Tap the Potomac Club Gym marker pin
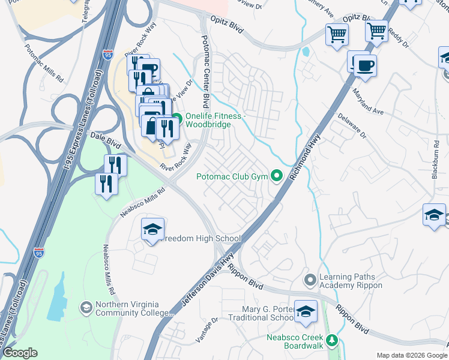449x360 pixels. pos(277,176)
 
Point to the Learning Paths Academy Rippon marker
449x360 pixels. pos(310,280)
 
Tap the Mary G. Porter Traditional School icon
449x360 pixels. pos(306,311)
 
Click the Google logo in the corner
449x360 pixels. pos(20,353)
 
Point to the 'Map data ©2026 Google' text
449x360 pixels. pos(412,355)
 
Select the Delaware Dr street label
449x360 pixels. pos(351,126)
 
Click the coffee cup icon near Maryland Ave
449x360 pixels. pos(364,65)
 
